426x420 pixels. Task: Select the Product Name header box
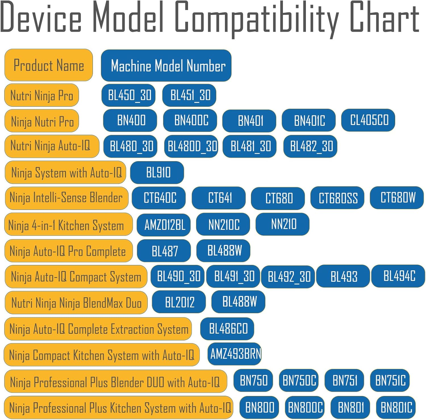(49, 65)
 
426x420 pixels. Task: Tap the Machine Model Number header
(166, 66)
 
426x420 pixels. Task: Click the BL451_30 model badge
(189, 95)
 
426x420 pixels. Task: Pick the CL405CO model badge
(368, 120)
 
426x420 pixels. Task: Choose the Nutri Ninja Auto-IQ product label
(51, 146)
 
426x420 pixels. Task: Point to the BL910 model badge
(157, 172)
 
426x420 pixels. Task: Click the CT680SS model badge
(337, 198)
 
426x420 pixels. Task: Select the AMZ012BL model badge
(164, 225)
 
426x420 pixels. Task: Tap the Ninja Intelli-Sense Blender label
(66, 198)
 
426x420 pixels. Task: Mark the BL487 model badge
(164, 251)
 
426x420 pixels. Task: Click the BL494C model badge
(398, 276)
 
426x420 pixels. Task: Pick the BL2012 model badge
(179, 302)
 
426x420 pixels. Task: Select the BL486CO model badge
(227, 329)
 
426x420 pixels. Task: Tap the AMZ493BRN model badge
(235, 354)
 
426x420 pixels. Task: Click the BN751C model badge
(390, 380)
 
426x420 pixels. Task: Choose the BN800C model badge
(305, 407)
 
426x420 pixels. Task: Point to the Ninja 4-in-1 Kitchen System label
(68, 225)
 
